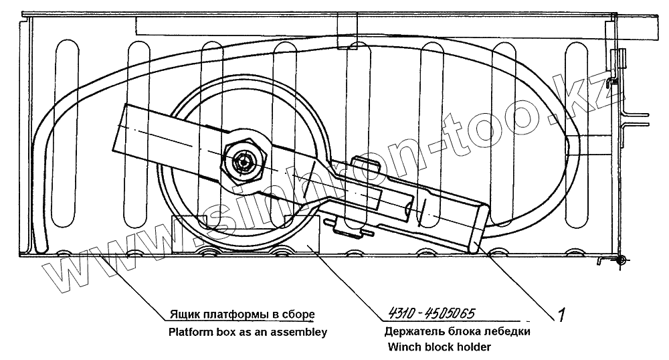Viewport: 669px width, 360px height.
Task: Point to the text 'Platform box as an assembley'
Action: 247,331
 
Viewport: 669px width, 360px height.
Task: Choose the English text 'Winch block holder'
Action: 438,347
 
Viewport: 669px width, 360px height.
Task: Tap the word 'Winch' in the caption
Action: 403,347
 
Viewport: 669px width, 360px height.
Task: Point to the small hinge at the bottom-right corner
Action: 619,259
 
